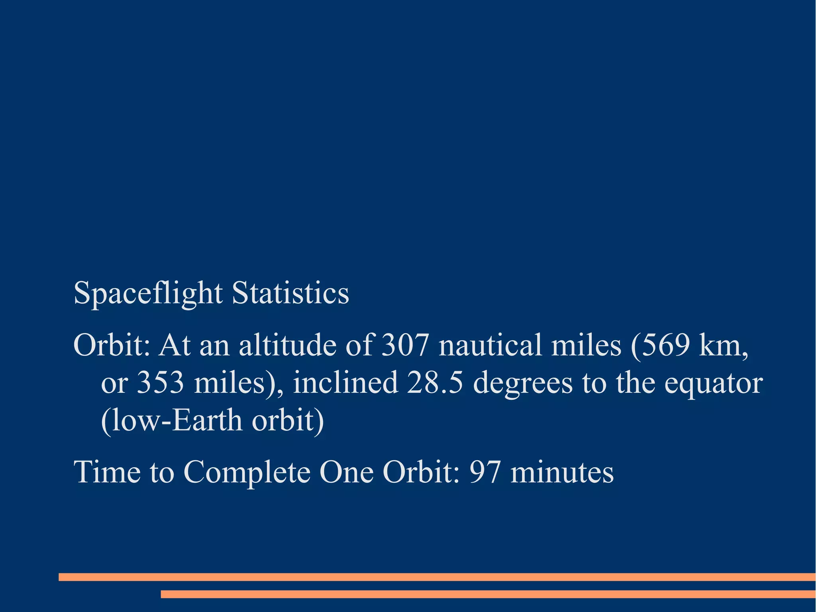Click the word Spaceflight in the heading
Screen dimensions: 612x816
point(148,293)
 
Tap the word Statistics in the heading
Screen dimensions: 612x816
point(290,293)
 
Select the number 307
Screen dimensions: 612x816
point(405,345)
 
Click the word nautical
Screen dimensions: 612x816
point(490,345)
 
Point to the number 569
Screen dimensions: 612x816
point(665,345)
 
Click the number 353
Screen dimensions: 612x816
point(161,383)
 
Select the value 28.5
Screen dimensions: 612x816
point(435,383)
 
